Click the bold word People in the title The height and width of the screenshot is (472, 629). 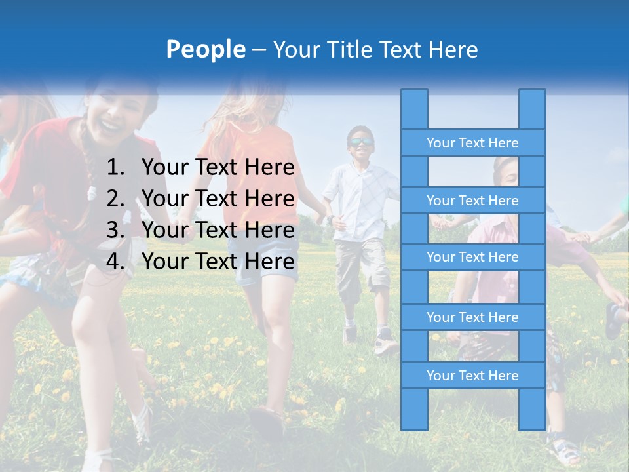(205, 49)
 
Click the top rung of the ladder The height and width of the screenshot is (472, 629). (472, 143)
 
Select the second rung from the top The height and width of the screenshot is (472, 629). (472, 201)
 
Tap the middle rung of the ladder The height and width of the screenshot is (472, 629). (472, 257)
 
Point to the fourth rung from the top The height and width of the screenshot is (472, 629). (472, 317)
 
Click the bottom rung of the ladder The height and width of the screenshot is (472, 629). (472, 376)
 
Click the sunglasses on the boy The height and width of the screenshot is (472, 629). (361, 142)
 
